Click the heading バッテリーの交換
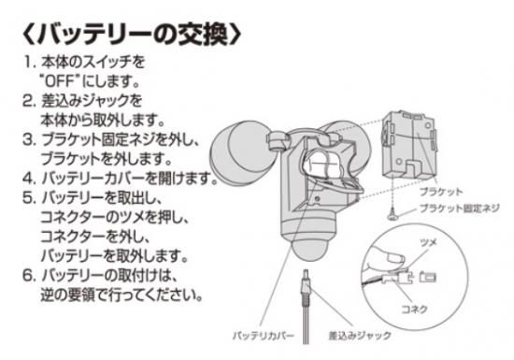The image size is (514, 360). pyautogui.click(x=132, y=34)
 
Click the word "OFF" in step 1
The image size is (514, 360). pyautogui.click(x=61, y=81)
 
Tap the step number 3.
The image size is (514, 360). pyautogui.click(x=29, y=139)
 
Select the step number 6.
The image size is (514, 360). pyautogui.click(x=29, y=276)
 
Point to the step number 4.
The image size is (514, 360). pyautogui.click(x=29, y=179)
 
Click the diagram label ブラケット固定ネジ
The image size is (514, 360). pyautogui.click(x=460, y=209)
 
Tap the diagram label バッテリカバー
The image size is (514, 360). pyautogui.click(x=264, y=336)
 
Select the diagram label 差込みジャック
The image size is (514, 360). pyautogui.click(x=360, y=336)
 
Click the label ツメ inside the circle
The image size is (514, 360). pyautogui.click(x=428, y=243)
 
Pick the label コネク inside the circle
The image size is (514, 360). pyautogui.click(x=414, y=309)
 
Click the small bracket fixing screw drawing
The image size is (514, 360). pyautogui.click(x=393, y=215)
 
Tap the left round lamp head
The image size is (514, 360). pyautogui.click(x=237, y=151)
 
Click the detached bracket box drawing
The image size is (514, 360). pyautogui.click(x=408, y=147)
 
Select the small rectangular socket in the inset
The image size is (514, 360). pyautogui.click(x=428, y=278)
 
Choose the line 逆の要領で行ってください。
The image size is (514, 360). pyautogui.click(x=121, y=295)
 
